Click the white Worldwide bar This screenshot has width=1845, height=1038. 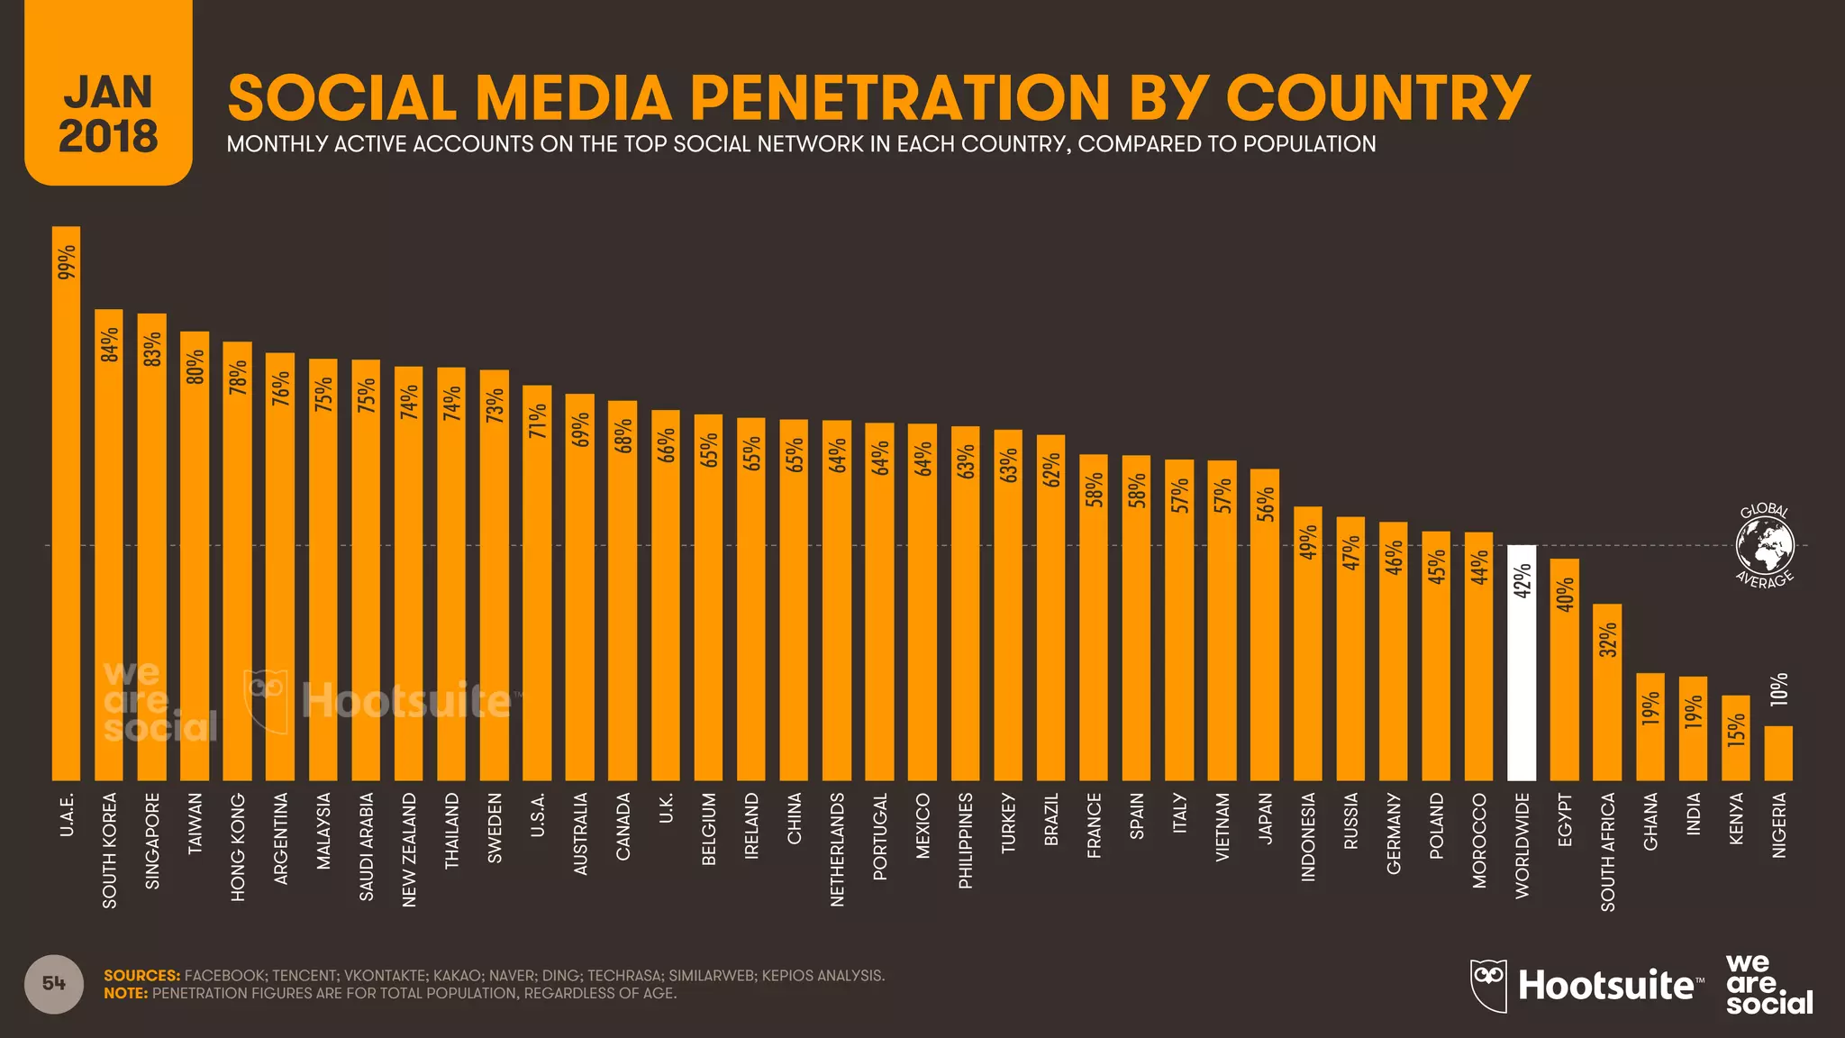point(1522,667)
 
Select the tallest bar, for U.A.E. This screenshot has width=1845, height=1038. point(66,505)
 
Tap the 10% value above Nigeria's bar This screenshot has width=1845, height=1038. point(1778,689)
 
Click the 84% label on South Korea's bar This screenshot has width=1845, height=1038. point(109,345)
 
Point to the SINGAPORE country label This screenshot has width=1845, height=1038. point(152,841)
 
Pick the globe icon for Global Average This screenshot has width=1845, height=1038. point(1765,545)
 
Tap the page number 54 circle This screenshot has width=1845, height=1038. point(54,984)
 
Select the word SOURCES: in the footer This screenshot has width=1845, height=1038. point(141,976)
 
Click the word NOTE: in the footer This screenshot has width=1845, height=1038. point(125,994)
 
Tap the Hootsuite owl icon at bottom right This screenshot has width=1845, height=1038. point(1488,985)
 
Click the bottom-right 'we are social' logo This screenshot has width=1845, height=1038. point(1768,985)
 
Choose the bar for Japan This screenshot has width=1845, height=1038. point(1265,631)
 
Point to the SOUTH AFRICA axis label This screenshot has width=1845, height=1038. point(1608,851)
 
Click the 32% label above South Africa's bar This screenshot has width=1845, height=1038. point(1608,639)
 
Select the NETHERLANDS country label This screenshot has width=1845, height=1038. point(837,849)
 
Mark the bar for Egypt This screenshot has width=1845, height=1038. point(1565,671)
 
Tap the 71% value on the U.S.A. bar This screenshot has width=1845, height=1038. point(538,421)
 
